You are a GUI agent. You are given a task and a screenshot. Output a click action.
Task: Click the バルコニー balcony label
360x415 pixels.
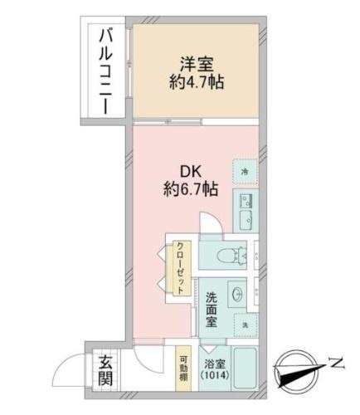point(105,73)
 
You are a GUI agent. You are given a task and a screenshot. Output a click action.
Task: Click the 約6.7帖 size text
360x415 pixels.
point(191,189)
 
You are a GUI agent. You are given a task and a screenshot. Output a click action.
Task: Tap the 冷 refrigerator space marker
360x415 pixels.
point(244,171)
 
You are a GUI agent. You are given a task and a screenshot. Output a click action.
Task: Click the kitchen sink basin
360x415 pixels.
point(246,219)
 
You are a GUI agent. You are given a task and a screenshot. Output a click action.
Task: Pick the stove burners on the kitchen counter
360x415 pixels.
point(246,199)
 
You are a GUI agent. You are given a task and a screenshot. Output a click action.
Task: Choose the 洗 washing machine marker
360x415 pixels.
point(245,323)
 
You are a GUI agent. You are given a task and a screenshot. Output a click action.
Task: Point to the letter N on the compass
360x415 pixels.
point(334,361)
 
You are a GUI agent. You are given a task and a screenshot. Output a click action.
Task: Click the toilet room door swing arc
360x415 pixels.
point(209,224)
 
